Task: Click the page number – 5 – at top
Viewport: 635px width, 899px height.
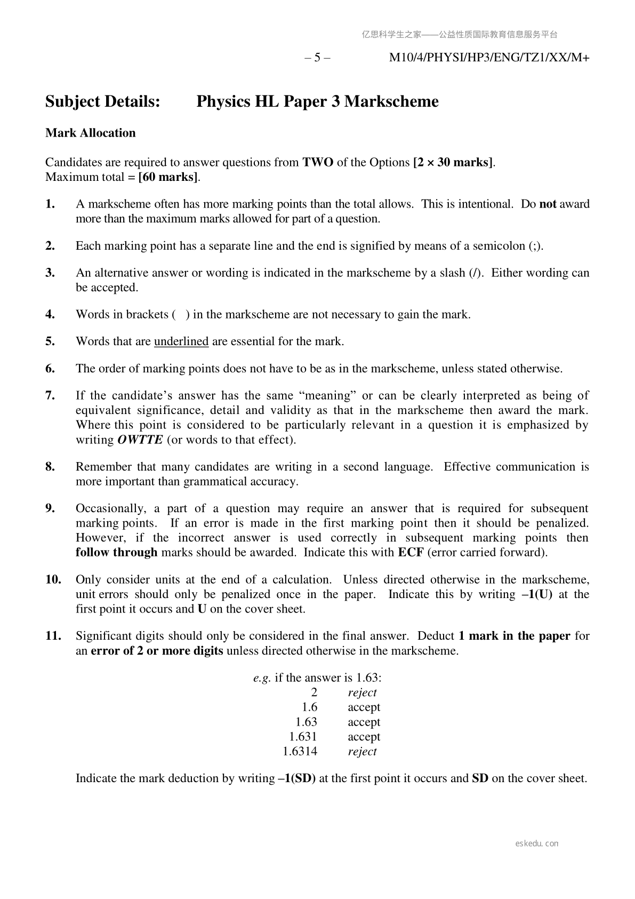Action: [317, 58]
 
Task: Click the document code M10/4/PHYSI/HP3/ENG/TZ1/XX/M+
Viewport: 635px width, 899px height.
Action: [489, 58]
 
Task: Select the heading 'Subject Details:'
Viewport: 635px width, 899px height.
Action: [103, 101]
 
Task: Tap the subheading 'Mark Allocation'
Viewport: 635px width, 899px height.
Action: [91, 133]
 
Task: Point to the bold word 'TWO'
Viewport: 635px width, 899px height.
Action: [318, 162]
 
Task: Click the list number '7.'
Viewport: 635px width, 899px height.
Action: [51, 395]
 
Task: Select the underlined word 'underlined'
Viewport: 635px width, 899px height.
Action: [181, 341]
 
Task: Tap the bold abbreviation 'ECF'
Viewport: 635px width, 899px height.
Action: [411, 553]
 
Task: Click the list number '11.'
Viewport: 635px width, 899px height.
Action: [53, 636]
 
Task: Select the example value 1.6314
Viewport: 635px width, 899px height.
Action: [300, 752]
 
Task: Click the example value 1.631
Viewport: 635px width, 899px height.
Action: [303, 737]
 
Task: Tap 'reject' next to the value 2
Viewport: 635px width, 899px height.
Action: [362, 693]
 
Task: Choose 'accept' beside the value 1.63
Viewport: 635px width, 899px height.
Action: [364, 722]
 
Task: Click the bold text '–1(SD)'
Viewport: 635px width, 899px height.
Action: [297, 778]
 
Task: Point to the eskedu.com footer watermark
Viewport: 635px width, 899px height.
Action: [537, 844]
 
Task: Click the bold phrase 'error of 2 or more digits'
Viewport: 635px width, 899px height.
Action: [157, 651]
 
